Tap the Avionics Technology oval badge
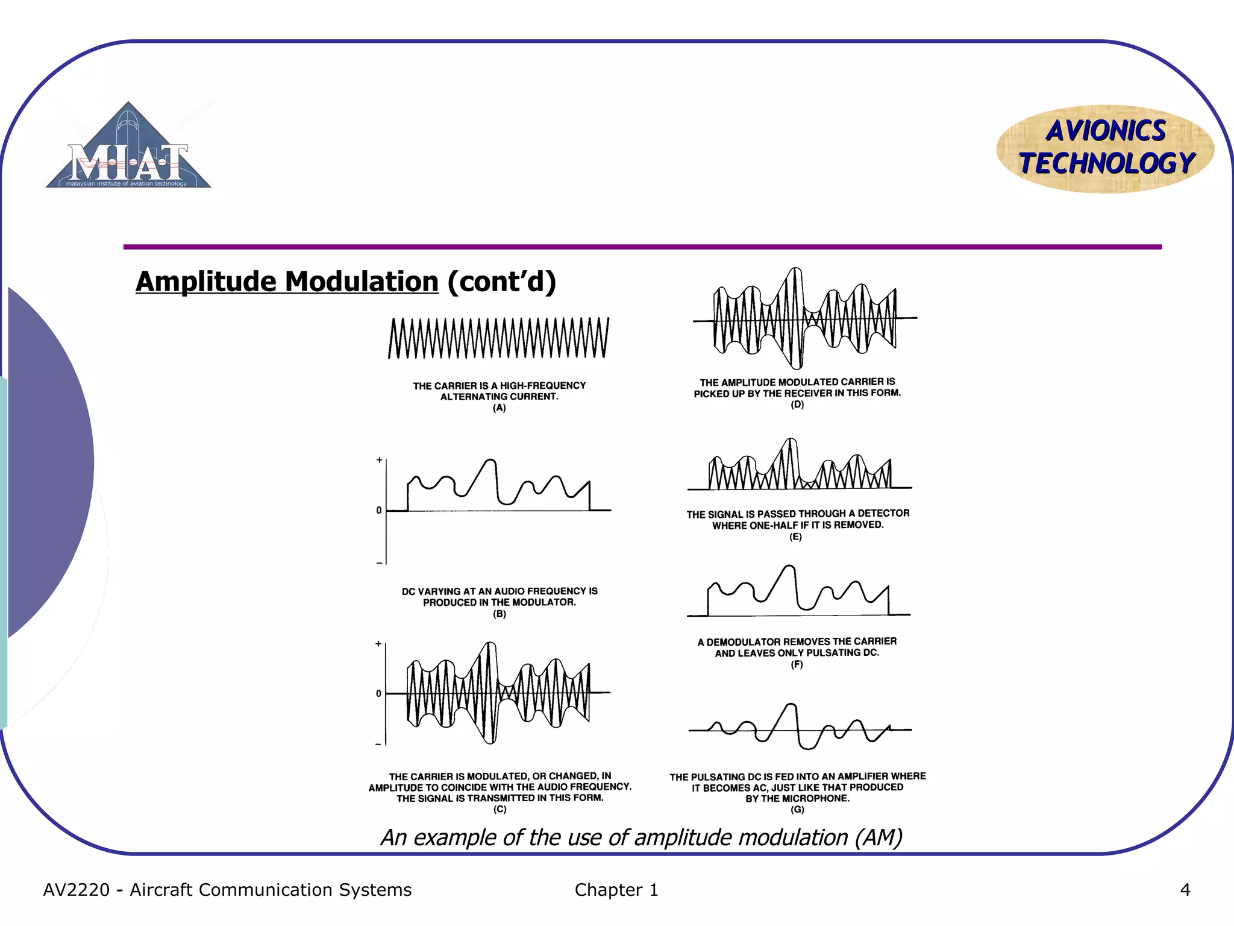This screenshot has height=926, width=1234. pyautogui.click(x=1105, y=148)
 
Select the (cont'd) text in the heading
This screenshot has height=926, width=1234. pyautogui.click(x=501, y=282)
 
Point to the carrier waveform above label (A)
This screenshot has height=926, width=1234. pyautogui.click(x=498, y=338)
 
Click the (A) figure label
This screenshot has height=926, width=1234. pyautogui.click(x=499, y=408)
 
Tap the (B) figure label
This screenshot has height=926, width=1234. pyautogui.click(x=500, y=614)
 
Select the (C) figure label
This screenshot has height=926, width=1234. pyautogui.click(x=500, y=810)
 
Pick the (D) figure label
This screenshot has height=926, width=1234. pyautogui.click(x=797, y=405)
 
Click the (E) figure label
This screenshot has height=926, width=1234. pyautogui.click(x=795, y=537)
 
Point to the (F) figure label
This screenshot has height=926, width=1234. pyautogui.click(x=797, y=664)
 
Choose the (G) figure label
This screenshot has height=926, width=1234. pyautogui.click(x=797, y=810)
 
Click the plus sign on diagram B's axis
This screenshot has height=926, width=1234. pyautogui.click(x=379, y=460)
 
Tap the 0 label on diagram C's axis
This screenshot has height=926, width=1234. pyautogui.click(x=378, y=694)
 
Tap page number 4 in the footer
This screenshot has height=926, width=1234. pyautogui.click(x=1185, y=890)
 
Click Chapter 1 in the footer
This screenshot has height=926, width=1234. pyautogui.click(x=616, y=890)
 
